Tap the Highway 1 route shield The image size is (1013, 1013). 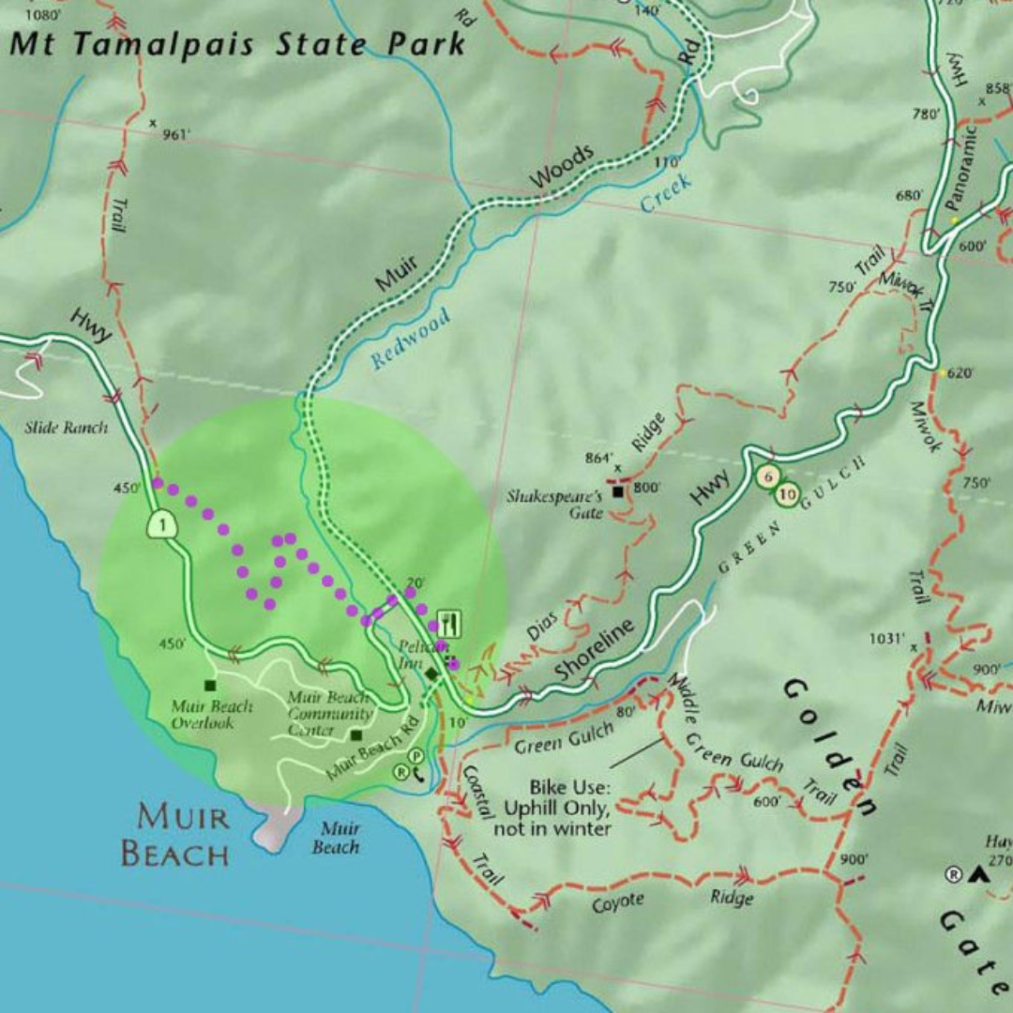tap(162, 524)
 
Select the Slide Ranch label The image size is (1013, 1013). tap(66, 428)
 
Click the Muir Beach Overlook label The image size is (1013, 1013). tap(212, 714)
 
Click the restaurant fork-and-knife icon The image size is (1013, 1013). tap(449, 624)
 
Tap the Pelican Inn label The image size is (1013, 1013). tap(413, 655)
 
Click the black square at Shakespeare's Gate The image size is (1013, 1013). tap(618, 491)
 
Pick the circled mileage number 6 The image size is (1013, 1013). tap(768, 476)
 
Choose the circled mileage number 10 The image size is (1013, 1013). tap(787, 493)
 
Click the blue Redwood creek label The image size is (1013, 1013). tap(411, 337)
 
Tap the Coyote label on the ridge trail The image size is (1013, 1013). tap(617, 902)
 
